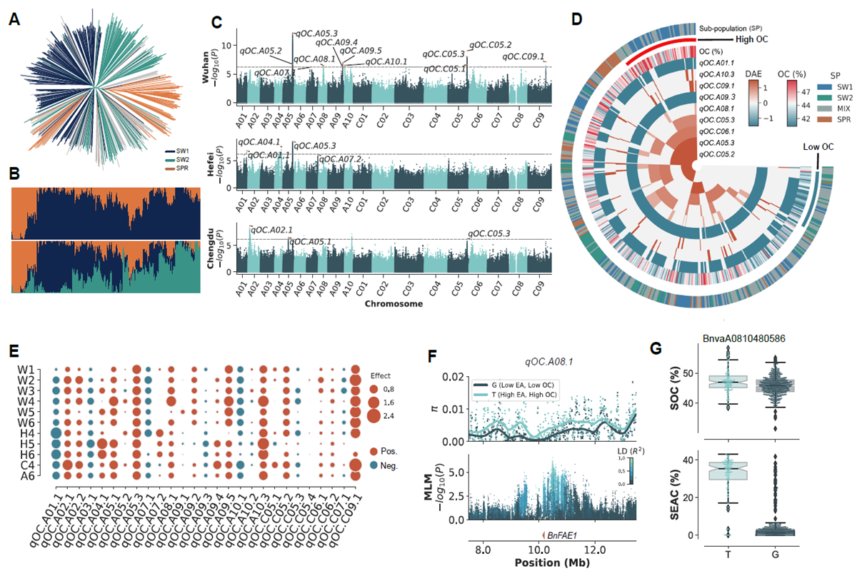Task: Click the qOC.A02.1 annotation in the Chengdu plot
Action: [x=271, y=230]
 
